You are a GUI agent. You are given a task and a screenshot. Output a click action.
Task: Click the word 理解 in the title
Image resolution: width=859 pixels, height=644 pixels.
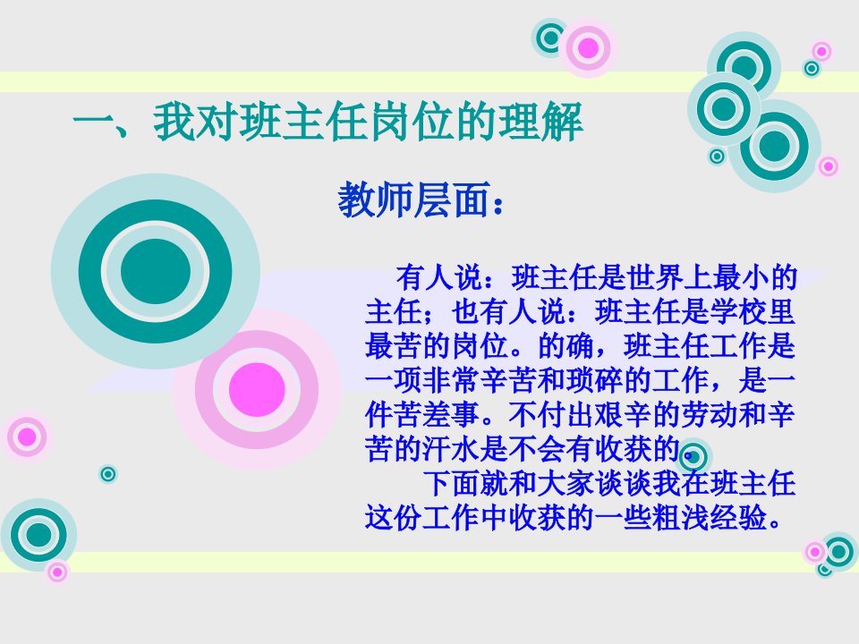tap(540, 122)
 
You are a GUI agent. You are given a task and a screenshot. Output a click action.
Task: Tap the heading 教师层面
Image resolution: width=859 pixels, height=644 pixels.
tap(413, 200)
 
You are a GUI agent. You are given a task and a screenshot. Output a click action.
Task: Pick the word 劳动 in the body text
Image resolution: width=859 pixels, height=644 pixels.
tap(694, 414)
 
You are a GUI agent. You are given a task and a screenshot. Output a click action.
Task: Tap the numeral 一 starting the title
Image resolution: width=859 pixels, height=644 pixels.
tap(92, 123)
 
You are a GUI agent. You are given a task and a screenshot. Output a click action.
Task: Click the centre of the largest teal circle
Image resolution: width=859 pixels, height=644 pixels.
tap(156, 271)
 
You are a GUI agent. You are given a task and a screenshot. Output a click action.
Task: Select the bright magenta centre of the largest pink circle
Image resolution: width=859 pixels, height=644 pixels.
tap(257, 389)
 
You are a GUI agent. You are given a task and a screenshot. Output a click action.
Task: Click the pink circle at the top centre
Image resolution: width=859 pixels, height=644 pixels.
tap(589, 48)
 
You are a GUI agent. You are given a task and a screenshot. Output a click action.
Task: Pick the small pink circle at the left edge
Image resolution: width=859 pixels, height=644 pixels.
tap(26, 437)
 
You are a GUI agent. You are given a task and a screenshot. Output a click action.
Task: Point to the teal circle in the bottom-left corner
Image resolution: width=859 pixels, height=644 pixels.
tap(38, 535)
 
